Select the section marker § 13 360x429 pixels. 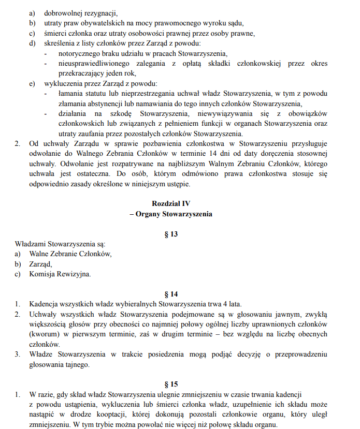click(170, 234)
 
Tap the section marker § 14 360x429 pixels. click(170, 293)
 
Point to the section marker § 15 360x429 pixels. click(170, 384)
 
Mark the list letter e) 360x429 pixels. click(32, 83)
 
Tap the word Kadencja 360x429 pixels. click(46, 304)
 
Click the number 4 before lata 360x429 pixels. click(225, 304)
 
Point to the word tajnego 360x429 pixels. click(75, 364)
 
